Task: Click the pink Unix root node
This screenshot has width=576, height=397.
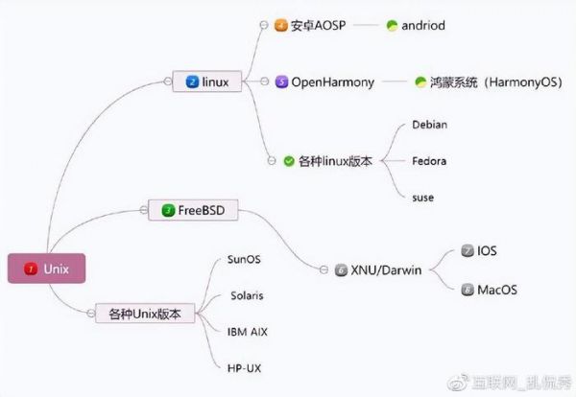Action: point(46,269)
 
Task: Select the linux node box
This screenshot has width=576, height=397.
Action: point(206,82)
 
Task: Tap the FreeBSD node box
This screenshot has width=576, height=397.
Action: point(192,209)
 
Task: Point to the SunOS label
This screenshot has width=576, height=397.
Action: point(243,259)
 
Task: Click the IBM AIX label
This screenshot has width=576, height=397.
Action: point(247,331)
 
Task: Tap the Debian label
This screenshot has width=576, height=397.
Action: point(429,125)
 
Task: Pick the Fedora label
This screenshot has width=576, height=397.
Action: point(428,161)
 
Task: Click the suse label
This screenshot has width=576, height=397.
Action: point(422,198)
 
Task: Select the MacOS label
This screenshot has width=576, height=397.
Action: point(497,288)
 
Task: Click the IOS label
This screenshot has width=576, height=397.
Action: point(487,251)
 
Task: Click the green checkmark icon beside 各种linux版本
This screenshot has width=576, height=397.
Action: point(289,161)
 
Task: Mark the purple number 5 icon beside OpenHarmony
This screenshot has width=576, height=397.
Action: point(282,82)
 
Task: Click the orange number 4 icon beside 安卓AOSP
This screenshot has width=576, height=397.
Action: point(281,26)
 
